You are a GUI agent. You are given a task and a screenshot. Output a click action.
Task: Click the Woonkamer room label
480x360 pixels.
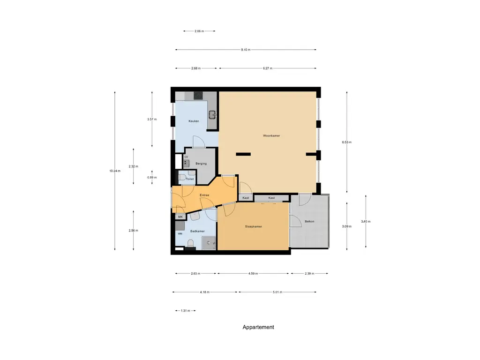[271, 135]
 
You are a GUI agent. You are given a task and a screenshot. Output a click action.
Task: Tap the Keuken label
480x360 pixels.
[194, 121]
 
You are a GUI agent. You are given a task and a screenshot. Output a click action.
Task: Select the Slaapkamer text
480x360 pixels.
[253, 226]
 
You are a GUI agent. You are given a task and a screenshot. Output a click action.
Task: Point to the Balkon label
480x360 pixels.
[309, 221]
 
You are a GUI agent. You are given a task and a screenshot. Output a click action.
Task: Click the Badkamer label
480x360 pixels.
[197, 231]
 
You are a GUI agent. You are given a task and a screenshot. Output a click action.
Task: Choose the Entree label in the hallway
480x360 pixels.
[204, 195]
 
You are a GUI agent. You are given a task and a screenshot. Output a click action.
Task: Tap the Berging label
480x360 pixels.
[201, 164]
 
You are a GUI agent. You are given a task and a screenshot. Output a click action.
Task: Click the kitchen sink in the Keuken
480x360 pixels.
[212, 114]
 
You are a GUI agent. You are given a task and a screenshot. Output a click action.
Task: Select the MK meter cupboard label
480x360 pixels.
[180, 217]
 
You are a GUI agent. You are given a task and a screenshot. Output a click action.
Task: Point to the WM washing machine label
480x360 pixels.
[180, 233]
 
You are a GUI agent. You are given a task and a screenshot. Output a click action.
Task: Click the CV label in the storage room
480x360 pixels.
[186, 157]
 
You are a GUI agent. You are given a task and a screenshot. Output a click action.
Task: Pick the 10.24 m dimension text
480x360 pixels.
[115, 171]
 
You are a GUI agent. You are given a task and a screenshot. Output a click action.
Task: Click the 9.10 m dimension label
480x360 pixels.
[246, 50]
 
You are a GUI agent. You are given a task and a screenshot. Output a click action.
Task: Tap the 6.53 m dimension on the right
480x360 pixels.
[347, 142]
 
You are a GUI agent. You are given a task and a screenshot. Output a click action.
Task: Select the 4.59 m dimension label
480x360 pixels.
[253, 274]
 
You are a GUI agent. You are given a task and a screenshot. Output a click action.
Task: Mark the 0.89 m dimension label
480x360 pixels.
[152, 178]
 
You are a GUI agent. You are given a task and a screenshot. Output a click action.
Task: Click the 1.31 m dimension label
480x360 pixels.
[184, 311]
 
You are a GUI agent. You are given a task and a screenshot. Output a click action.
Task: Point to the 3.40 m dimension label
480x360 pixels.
[366, 221]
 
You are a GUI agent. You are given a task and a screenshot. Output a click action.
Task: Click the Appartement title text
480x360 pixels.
[258, 327]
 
